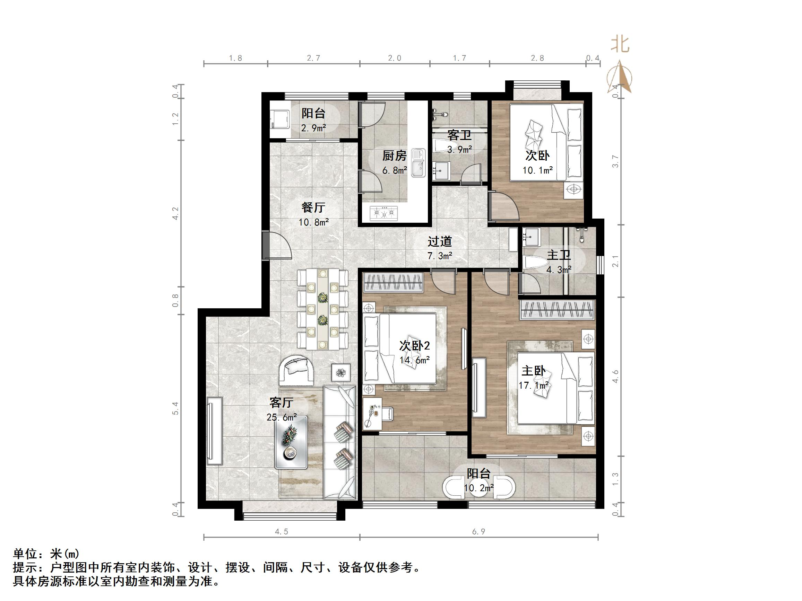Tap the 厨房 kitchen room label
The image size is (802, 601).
pos(395,156)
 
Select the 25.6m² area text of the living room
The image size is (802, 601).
pos(282,417)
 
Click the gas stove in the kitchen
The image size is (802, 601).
pos(384,213)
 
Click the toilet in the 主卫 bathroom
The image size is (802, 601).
pos(535,263)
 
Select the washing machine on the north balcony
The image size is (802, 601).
pos(280,119)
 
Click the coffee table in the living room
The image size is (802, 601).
pos(291,442)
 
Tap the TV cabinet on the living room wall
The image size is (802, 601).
pos(214,431)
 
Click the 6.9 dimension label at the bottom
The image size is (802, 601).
pos(478,532)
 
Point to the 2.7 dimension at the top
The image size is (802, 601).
pos(313,58)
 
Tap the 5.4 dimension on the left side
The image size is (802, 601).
pos(175,409)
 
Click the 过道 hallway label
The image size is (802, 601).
pos(439,241)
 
